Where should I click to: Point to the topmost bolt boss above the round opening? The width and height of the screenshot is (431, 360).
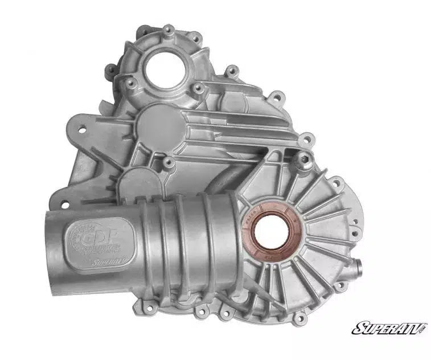169,29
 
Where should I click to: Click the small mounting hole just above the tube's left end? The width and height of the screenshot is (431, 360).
64,203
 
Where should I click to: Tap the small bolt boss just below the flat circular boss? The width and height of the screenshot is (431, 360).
169,162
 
